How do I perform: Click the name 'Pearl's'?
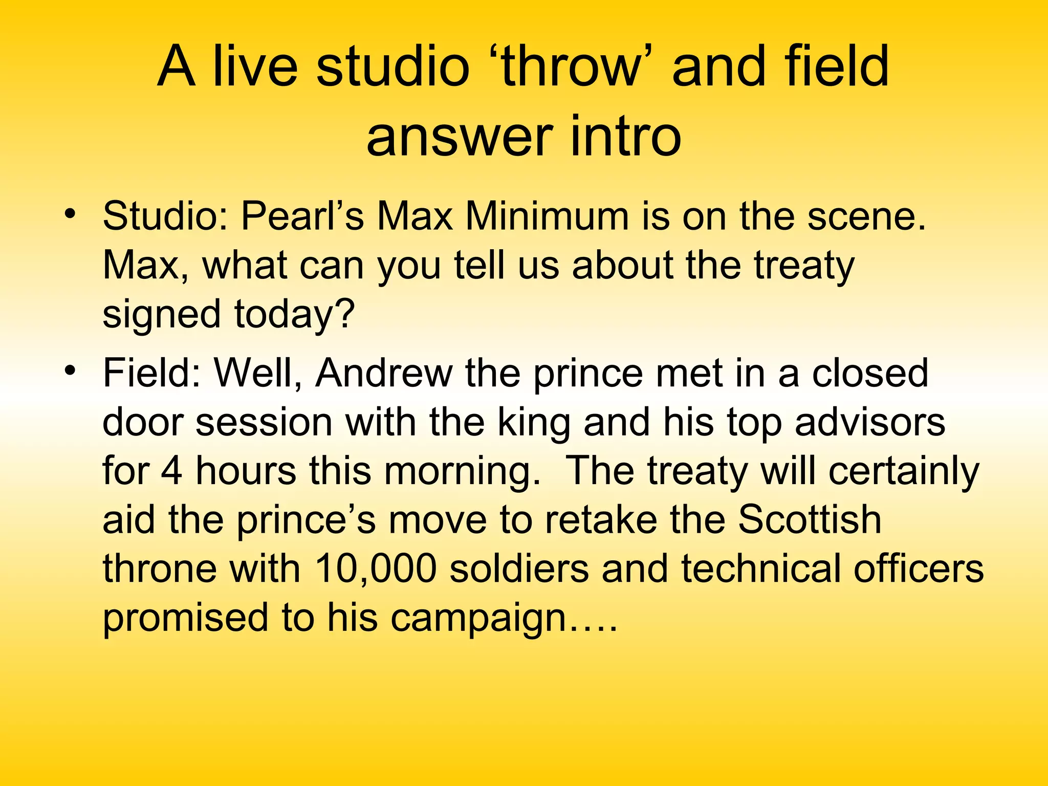coord(302,216)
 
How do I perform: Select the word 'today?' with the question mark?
coord(294,314)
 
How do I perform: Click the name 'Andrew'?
coord(384,373)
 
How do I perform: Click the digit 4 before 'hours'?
coord(171,471)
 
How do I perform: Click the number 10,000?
coord(376,569)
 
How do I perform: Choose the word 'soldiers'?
coord(519,569)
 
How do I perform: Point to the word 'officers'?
coord(919,569)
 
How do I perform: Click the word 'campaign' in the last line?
coord(478,618)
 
